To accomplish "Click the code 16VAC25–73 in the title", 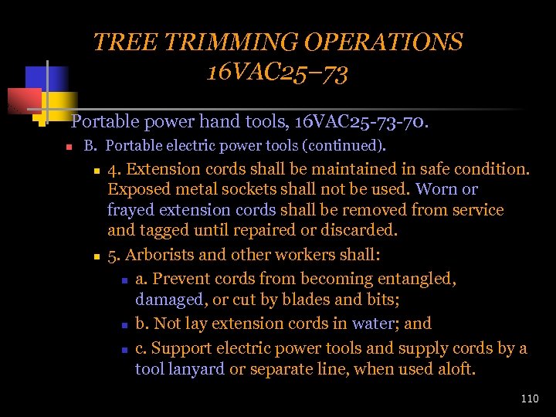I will pyautogui.click(x=277, y=73).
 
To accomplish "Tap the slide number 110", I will pyautogui.click(x=530, y=398).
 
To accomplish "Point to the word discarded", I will pyautogui.click(x=358, y=230).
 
